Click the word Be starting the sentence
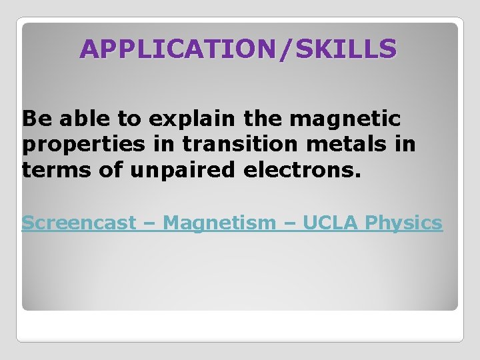(35, 119)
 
